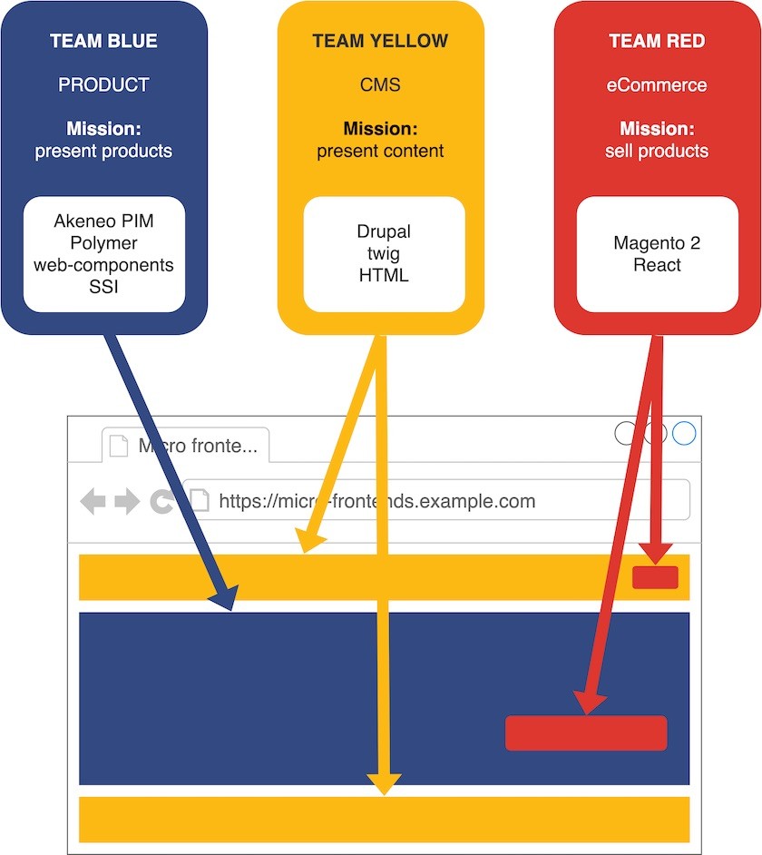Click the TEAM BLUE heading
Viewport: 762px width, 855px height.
[x=103, y=41]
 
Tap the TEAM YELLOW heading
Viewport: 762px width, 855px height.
[x=380, y=41]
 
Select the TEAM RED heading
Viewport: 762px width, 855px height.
[x=657, y=41]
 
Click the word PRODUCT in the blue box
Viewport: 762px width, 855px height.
[x=103, y=84]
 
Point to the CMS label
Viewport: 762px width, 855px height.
[x=380, y=84]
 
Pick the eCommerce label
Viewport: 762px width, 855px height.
[x=657, y=84]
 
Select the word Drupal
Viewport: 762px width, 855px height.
[x=384, y=231]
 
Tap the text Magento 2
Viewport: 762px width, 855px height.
[x=657, y=243]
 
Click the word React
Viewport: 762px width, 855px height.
[x=657, y=265]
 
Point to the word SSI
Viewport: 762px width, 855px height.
[x=103, y=287]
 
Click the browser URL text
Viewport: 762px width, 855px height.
[x=376, y=501]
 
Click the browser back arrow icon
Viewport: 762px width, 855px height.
[x=93, y=501]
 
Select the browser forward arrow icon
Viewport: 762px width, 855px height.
[x=127, y=501]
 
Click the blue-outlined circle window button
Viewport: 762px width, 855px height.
[x=684, y=433]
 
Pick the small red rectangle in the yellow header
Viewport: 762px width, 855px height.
[x=655, y=577]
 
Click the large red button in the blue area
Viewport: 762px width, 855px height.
[x=585, y=733]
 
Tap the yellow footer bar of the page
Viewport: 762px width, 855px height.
[x=384, y=819]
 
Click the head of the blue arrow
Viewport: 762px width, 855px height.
[x=224, y=598]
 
